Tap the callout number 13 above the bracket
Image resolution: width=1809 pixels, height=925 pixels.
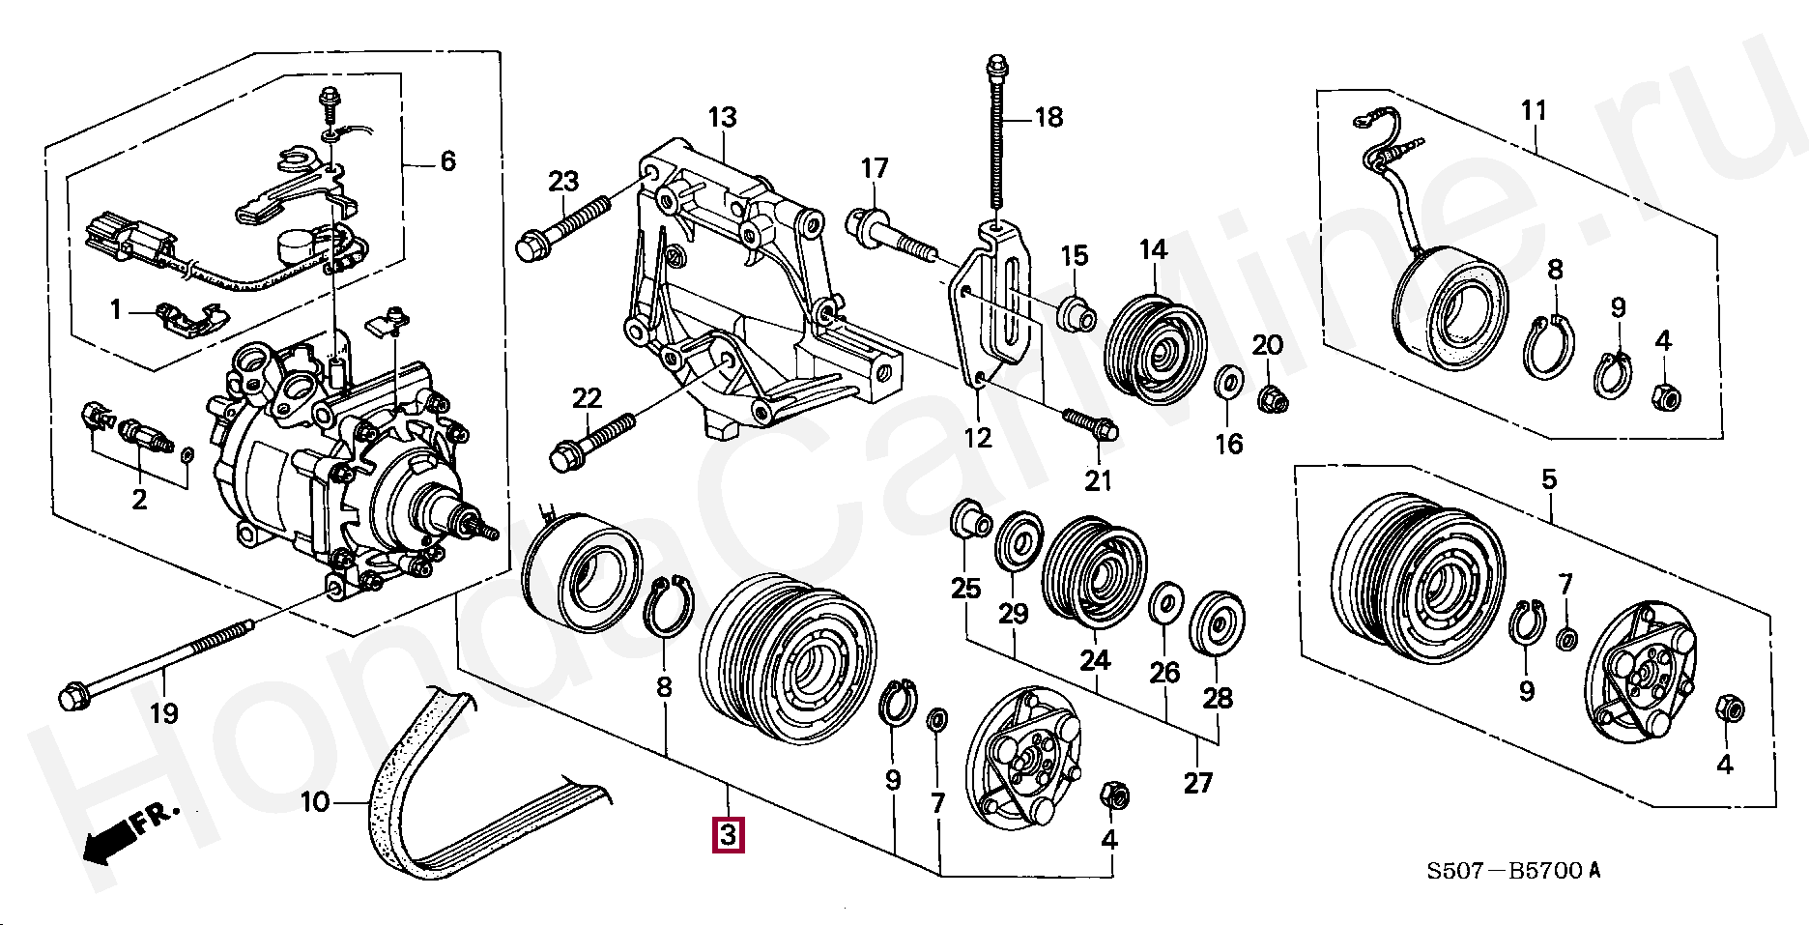tap(722, 118)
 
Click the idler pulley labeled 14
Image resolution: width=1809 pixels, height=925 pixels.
tap(1155, 349)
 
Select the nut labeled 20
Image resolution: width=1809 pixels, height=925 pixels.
tap(1273, 397)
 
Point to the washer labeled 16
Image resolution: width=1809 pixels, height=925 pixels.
tap(1228, 383)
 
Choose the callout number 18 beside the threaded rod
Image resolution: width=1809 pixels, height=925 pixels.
tap(1048, 118)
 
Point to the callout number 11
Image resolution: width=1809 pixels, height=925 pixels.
tap(1534, 111)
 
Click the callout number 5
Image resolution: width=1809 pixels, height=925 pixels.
tap(1549, 479)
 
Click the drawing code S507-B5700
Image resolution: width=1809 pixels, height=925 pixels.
tap(1513, 871)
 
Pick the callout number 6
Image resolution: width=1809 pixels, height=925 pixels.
tap(447, 161)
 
